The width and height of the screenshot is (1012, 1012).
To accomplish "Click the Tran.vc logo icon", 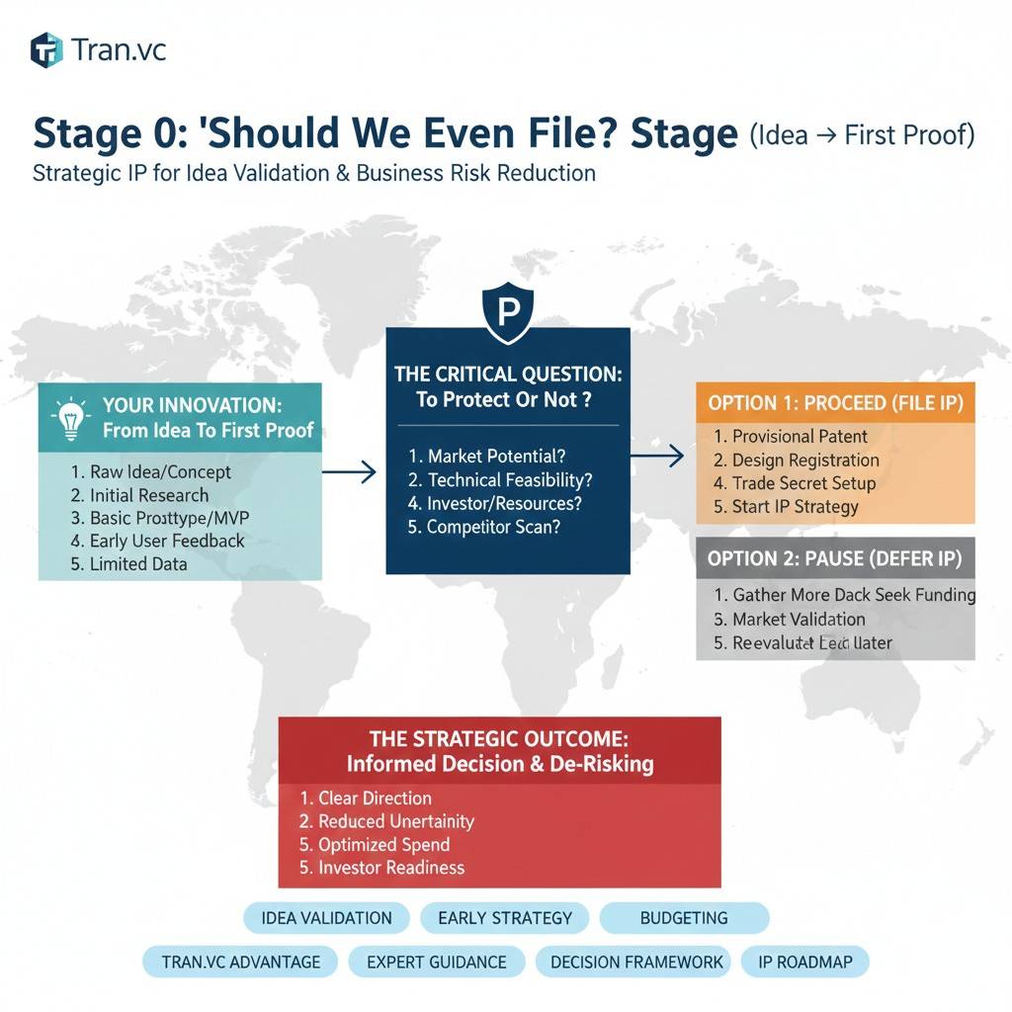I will (46, 49).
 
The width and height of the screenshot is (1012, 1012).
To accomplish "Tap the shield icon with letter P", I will (507, 311).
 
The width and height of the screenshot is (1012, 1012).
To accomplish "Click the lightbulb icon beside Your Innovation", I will (69, 418).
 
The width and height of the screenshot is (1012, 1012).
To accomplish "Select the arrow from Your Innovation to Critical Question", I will (349, 472).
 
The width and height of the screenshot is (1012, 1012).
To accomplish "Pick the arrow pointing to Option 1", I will (657, 456).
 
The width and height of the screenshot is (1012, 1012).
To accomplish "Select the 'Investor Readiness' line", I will (381, 868).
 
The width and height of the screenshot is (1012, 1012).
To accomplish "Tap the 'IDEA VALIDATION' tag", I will (326, 918).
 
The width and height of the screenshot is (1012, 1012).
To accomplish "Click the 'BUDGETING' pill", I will (684, 918).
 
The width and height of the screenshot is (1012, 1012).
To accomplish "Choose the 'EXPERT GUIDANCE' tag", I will (436, 962).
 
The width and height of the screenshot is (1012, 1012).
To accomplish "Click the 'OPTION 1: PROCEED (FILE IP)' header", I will (835, 402).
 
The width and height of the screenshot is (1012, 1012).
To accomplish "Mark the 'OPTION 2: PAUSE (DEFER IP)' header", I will (835, 558).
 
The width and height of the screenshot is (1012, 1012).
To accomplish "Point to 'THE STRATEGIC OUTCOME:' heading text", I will (499, 738).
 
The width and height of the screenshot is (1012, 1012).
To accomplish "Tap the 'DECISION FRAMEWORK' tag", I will (636, 962).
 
